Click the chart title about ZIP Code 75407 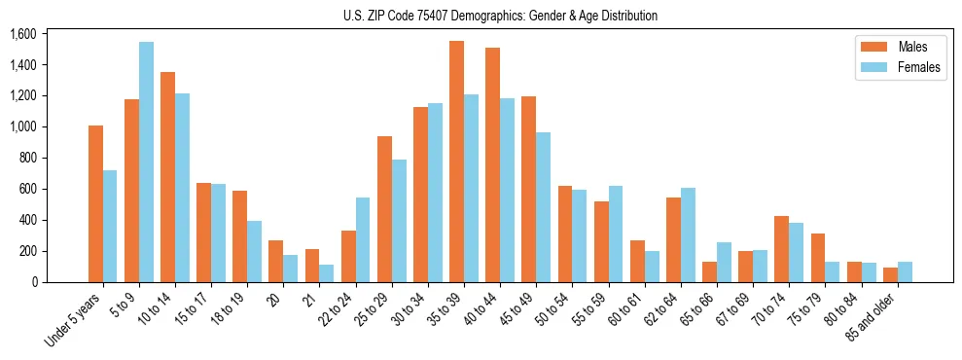500,16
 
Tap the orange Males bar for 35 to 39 456,162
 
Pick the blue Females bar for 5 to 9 146,162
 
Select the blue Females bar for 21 327,273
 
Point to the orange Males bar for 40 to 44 493,164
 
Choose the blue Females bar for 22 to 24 363,239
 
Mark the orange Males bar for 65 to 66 710,271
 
